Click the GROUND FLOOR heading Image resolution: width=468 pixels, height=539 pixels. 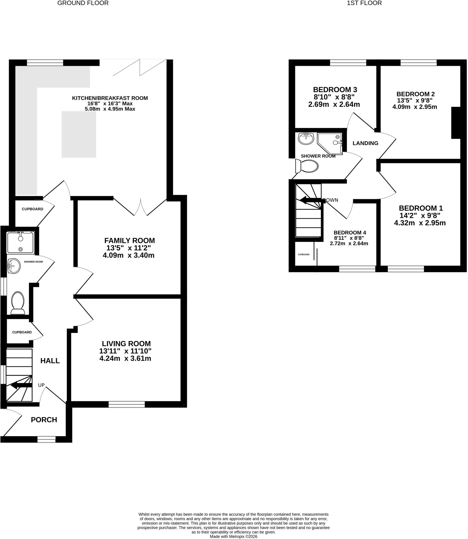point(83,3)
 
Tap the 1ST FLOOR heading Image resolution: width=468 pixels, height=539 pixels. point(364,3)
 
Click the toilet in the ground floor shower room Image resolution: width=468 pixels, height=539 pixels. point(18,303)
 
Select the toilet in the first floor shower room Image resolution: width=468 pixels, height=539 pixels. point(307,166)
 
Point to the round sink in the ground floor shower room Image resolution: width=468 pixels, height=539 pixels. point(14,266)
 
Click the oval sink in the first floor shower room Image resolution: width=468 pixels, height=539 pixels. point(306,139)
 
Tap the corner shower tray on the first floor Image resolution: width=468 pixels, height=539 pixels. point(330,144)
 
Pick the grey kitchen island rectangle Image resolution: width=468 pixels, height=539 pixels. point(79,134)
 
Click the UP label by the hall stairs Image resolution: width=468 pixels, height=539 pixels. point(41,385)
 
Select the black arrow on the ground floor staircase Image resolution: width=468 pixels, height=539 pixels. point(21,386)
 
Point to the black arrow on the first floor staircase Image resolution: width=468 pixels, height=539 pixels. point(310,200)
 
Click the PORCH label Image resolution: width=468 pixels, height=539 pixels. point(44,420)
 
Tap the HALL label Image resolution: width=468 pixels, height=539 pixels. point(50,361)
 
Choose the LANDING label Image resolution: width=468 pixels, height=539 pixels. point(365,143)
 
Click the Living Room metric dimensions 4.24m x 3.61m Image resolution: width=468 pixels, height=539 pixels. point(125,358)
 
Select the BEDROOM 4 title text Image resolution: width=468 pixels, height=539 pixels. point(350,233)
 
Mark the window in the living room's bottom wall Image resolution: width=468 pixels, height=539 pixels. point(127,405)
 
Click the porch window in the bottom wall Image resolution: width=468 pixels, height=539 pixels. point(46,439)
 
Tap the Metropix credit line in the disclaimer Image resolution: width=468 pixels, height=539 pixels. point(233,536)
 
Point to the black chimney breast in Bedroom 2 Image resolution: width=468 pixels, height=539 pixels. point(456,123)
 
